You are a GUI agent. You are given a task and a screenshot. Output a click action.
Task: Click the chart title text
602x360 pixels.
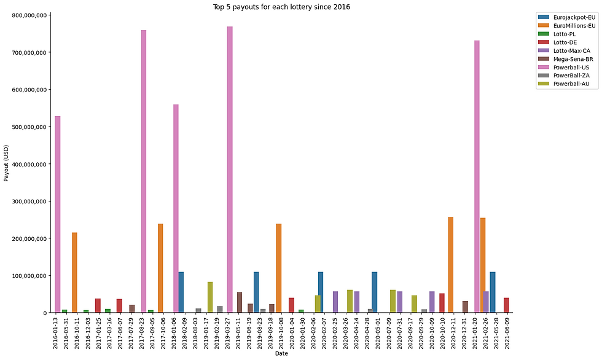click(x=281, y=7)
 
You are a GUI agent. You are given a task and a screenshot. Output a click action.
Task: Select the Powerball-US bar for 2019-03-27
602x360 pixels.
click(x=230, y=170)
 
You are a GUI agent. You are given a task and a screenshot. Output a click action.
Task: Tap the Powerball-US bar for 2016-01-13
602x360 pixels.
click(x=58, y=214)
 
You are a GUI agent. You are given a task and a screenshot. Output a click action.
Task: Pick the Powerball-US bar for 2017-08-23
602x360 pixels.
click(x=144, y=171)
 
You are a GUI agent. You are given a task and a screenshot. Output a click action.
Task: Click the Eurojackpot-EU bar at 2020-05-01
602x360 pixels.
click(x=375, y=292)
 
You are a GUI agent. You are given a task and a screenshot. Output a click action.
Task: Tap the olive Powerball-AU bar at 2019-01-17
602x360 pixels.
click(x=210, y=297)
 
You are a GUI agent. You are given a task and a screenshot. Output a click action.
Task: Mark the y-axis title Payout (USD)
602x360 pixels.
click(x=7, y=163)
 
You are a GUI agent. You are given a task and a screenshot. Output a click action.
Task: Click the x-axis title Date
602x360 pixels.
click(x=281, y=354)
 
